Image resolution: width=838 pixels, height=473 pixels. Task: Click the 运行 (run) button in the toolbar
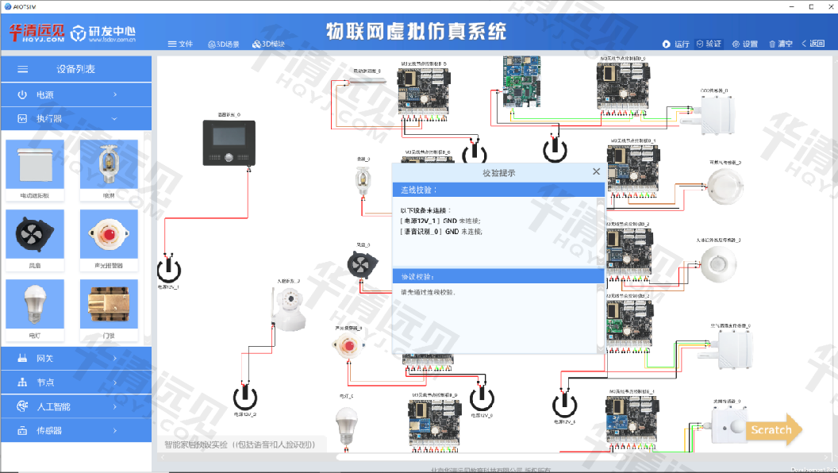[x=676, y=44]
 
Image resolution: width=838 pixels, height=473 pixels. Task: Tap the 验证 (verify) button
[x=709, y=44]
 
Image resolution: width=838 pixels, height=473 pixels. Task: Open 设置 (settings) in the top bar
[x=744, y=44]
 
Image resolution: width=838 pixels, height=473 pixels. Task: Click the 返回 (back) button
[x=813, y=44]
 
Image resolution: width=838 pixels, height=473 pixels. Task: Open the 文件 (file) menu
[x=180, y=44]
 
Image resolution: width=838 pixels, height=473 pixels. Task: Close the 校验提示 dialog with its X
[x=596, y=171]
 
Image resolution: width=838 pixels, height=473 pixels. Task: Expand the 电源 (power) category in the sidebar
[x=76, y=94]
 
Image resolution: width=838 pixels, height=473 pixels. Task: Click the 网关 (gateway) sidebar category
[x=76, y=358]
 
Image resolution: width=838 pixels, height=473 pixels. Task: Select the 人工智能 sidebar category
[x=76, y=406]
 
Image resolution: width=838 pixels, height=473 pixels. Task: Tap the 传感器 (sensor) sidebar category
[x=76, y=430]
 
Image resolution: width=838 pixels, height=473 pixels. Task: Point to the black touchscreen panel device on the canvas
[x=229, y=143]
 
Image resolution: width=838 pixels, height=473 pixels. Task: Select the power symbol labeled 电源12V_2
[x=245, y=397]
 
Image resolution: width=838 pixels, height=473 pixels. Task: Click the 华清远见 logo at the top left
[x=37, y=33]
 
